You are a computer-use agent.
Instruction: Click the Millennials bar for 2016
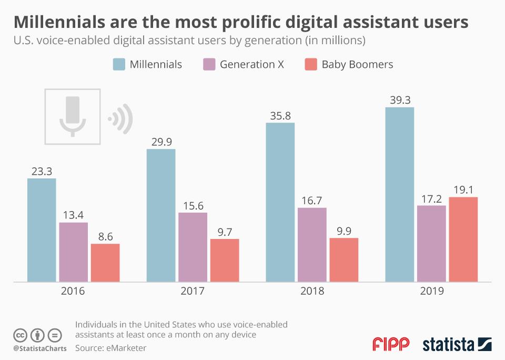tap(42, 230)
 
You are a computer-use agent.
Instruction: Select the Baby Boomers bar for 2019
tap(463, 239)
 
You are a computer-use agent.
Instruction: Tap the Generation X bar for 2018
tap(312, 245)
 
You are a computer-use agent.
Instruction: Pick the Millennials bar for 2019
tap(400, 195)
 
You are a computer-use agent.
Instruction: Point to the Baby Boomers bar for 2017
tap(225, 261)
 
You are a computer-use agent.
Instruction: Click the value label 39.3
tap(400, 100)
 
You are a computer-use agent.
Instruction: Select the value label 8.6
tap(105, 236)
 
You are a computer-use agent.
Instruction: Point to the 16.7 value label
tap(312, 200)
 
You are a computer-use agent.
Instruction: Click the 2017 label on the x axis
tap(193, 291)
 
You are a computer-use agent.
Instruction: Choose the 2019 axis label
tap(431, 291)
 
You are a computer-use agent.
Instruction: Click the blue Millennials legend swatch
tap(119, 65)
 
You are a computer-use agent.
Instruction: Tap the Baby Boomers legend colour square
tap(311, 65)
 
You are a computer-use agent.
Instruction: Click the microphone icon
tap(73, 116)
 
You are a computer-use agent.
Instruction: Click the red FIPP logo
tap(391, 345)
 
